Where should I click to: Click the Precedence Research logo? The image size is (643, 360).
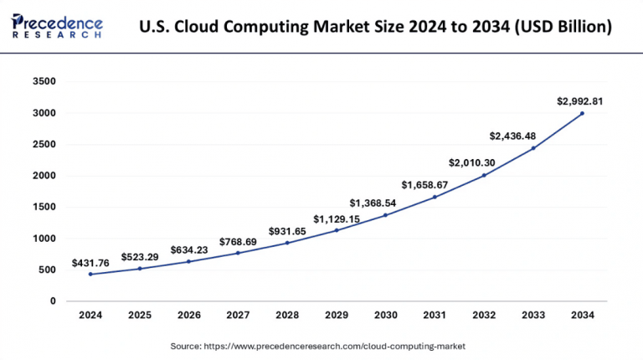57,26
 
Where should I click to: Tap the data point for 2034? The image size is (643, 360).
582,113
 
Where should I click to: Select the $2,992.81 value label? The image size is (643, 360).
580,101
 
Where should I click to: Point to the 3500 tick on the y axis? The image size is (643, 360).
44,82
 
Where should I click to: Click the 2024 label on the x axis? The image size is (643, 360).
90,316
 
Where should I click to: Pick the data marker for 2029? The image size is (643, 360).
337,230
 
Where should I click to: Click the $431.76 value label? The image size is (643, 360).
94,263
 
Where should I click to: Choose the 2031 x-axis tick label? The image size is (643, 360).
435,316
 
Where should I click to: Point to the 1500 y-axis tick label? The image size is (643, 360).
44,208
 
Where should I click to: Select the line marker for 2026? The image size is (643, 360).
188,261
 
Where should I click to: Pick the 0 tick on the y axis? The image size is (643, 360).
52,301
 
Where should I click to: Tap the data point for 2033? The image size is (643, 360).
532,148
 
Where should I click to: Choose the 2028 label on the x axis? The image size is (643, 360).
287,316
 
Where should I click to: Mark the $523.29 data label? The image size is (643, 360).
140,256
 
